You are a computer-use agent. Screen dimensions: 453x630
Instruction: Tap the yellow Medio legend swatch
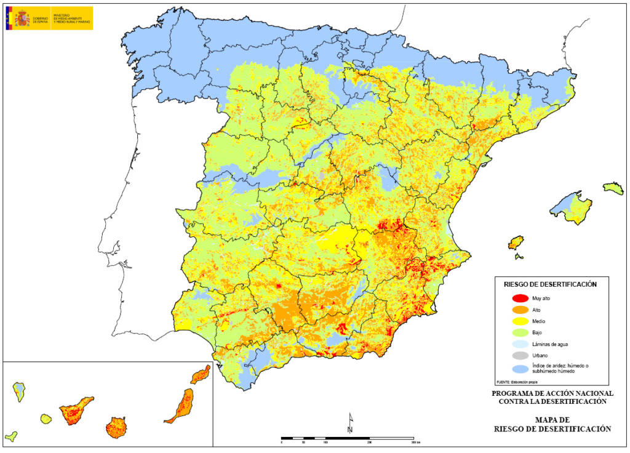pyautogui.click(x=520, y=321)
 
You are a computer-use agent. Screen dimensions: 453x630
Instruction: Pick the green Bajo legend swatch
pyautogui.click(x=520, y=333)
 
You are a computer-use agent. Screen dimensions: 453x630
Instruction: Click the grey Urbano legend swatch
pyautogui.click(x=520, y=356)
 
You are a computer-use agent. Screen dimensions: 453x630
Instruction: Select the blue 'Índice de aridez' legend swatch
pyautogui.click(x=520, y=369)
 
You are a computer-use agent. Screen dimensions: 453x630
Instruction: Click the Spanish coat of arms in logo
pyautogui.click(x=22, y=18)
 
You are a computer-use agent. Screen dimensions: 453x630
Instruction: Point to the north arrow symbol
pyautogui.click(x=350, y=423)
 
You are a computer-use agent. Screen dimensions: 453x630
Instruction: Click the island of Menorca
pyautogui.click(x=613, y=187)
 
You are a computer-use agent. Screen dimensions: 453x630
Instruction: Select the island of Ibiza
pyautogui.click(x=516, y=241)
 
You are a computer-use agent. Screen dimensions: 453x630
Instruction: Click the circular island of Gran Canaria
pyautogui.click(x=116, y=427)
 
